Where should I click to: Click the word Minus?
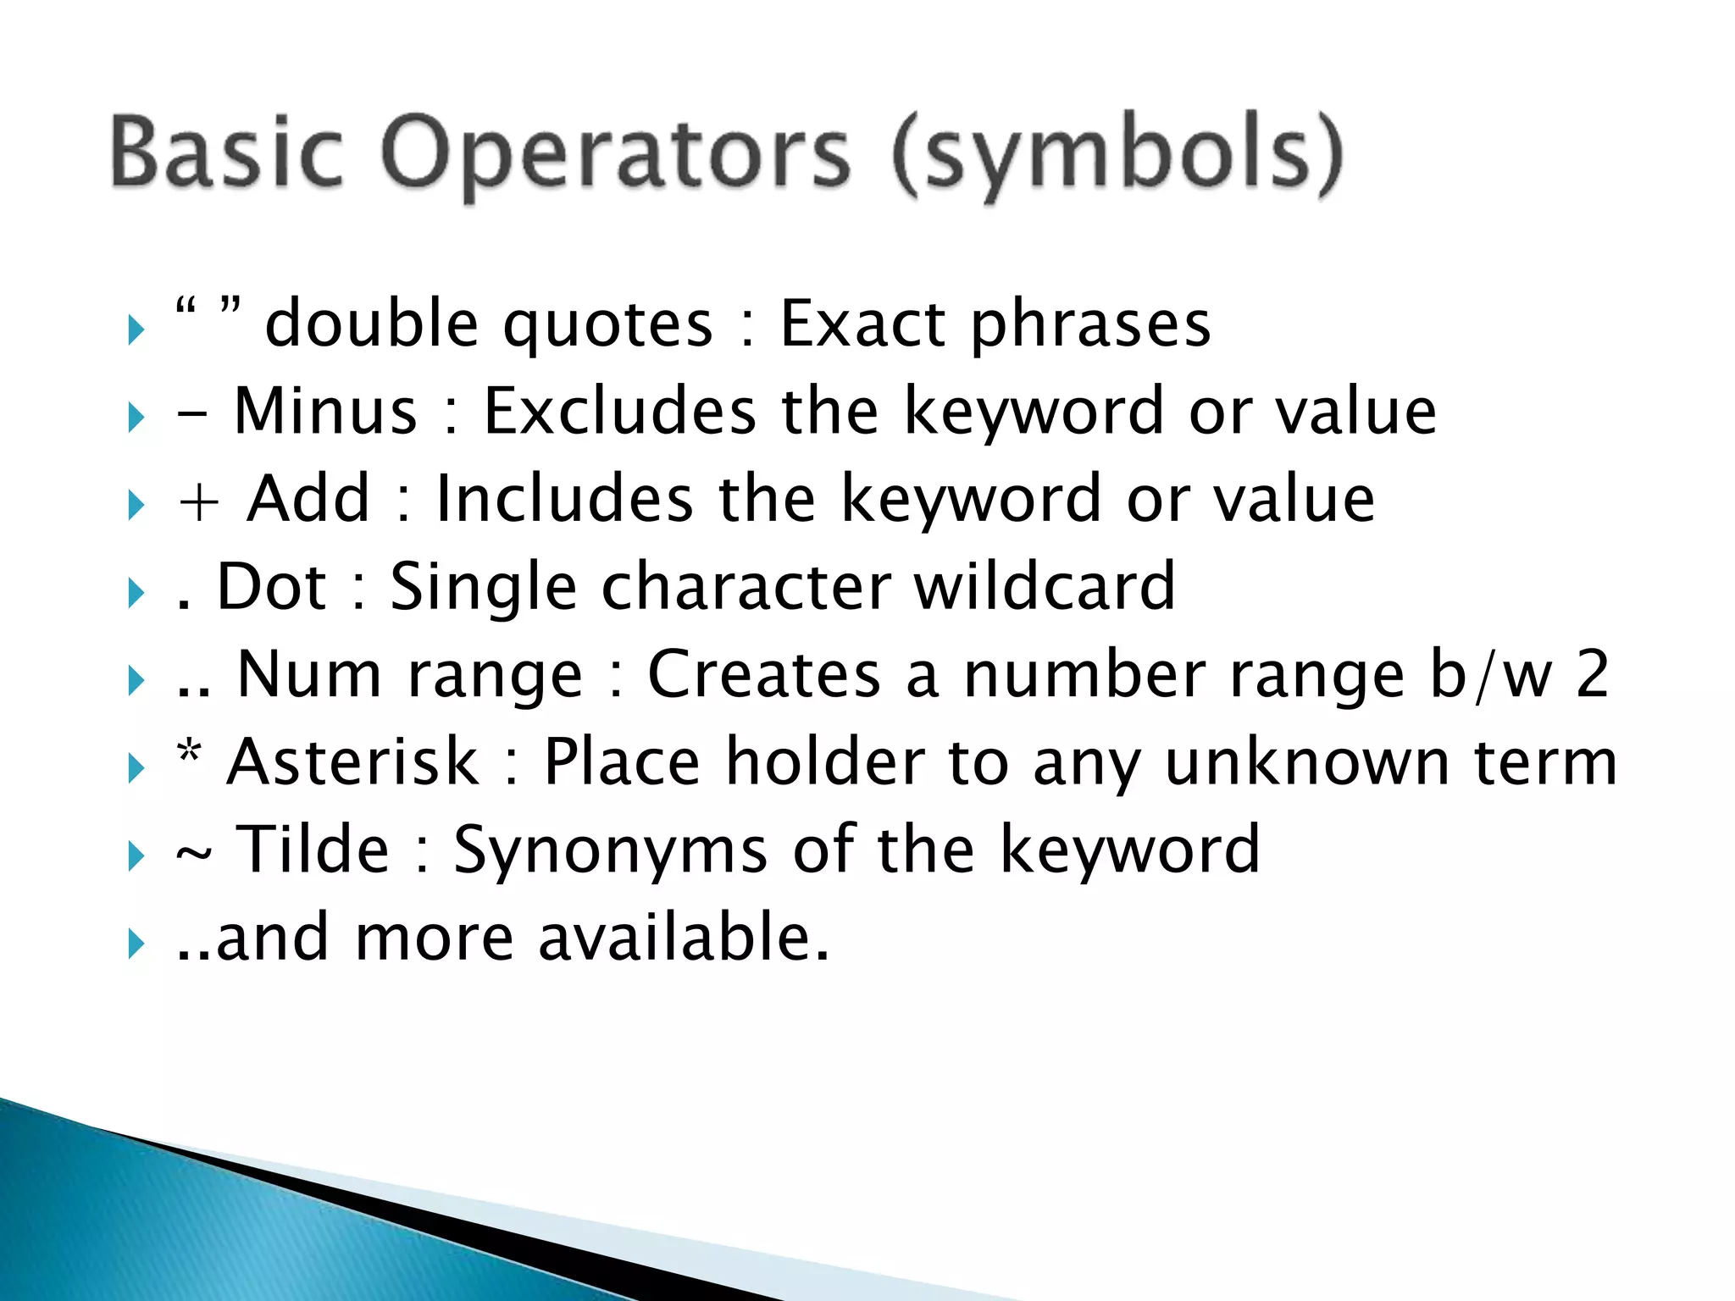point(325,412)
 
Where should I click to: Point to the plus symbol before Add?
point(199,501)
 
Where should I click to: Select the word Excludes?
point(619,412)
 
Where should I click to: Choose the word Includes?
point(564,500)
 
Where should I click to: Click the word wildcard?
point(1045,587)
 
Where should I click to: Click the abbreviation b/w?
point(1491,675)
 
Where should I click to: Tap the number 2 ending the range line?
point(1592,675)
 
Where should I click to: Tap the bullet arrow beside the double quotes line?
point(136,329)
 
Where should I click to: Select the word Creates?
point(764,675)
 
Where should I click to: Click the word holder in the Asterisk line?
point(825,762)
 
